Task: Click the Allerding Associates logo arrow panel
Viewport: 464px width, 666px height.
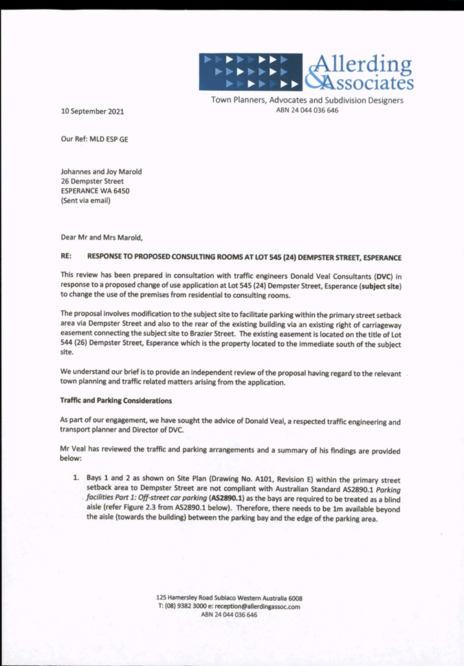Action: (x=252, y=72)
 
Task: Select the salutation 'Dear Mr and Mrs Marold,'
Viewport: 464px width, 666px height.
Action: (x=101, y=238)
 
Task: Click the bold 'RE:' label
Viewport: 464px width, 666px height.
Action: (x=67, y=257)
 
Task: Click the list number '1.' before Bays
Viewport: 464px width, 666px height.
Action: (x=77, y=476)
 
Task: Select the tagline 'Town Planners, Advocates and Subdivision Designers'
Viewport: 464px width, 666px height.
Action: (x=307, y=100)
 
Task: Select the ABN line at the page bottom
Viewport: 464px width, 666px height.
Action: (x=229, y=616)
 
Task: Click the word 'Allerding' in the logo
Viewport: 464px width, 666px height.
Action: (x=362, y=64)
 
